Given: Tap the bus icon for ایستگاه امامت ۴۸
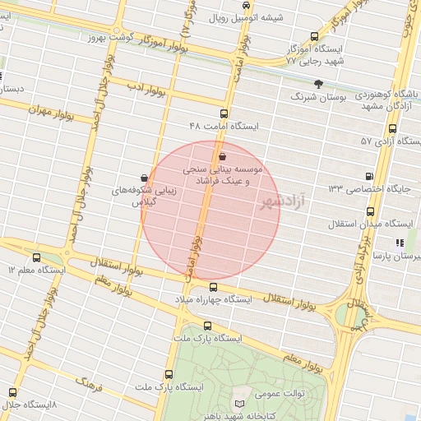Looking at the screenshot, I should [x=224, y=113].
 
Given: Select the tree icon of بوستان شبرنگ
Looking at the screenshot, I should [x=319, y=83].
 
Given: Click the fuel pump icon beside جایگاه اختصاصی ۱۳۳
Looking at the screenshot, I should [x=368, y=176].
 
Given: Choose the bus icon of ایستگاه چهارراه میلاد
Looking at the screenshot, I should [x=214, y=287].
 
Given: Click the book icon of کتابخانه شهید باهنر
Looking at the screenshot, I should [x=239, y=405].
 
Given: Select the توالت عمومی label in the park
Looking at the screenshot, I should [x=283, y=393].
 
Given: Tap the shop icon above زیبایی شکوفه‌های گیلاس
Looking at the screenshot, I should [x=145, y=178].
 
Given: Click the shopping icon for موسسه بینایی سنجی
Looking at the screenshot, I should [x=223, y=155].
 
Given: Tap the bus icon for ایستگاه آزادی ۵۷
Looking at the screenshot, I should [x=392, y=128].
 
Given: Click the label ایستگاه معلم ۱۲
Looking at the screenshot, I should [x=34, y=270].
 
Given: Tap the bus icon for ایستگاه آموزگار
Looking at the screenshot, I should [x=314, y=36].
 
